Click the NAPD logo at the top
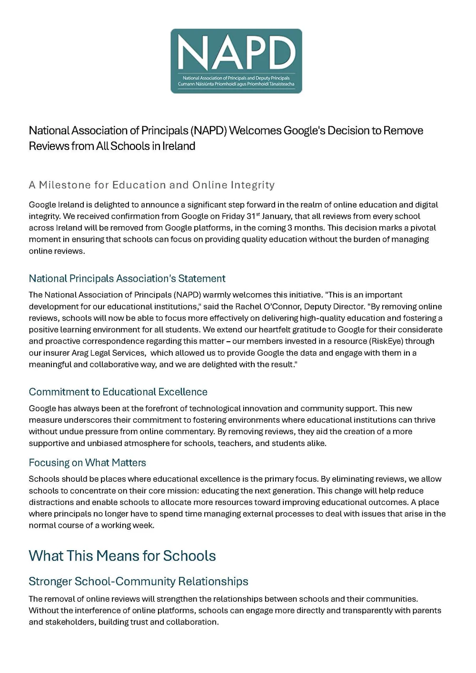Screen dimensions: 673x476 [236, 60]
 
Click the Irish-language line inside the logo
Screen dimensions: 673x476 [236, 84]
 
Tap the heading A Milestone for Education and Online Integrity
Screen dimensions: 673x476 [151, 185]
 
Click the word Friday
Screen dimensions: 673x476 [233, 216]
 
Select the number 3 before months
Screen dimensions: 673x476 [290, 228]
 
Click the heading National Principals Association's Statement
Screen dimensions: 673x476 [127, 278]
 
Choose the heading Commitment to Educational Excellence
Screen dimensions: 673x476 [118, 392]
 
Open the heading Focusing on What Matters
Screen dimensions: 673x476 [87, 463]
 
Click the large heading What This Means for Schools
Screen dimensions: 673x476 [122, 555]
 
